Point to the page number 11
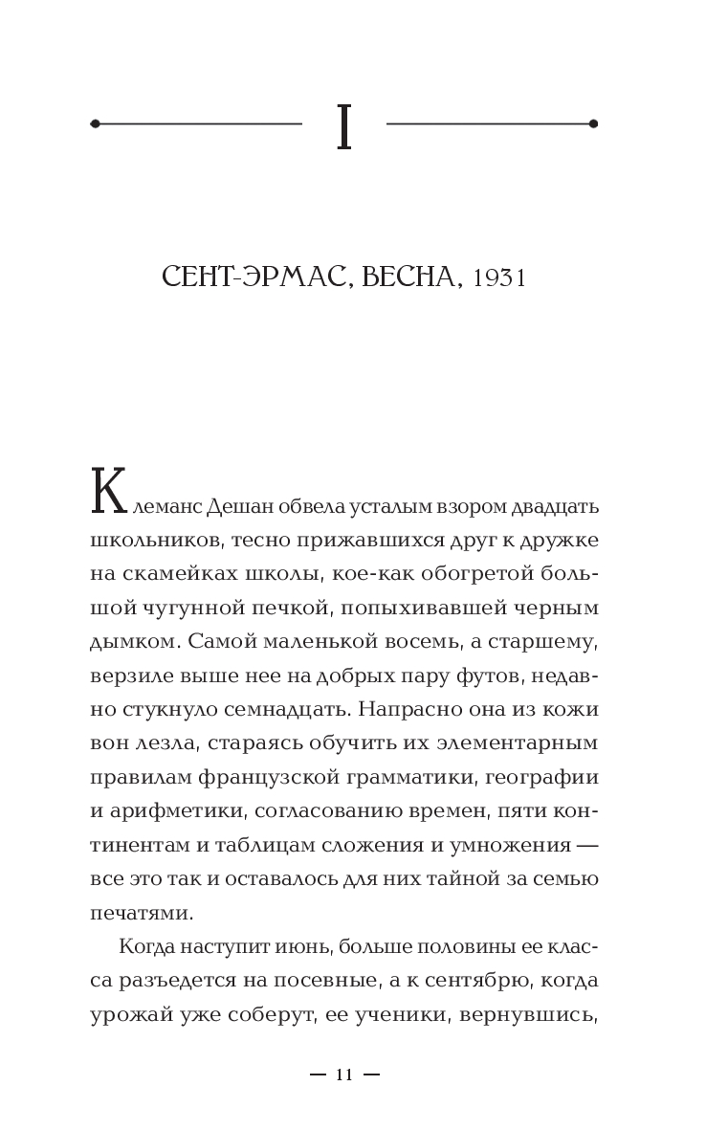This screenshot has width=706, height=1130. point(344,1075)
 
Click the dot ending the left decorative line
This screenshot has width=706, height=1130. point(95,123)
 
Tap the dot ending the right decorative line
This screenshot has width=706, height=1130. point(593,123)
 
